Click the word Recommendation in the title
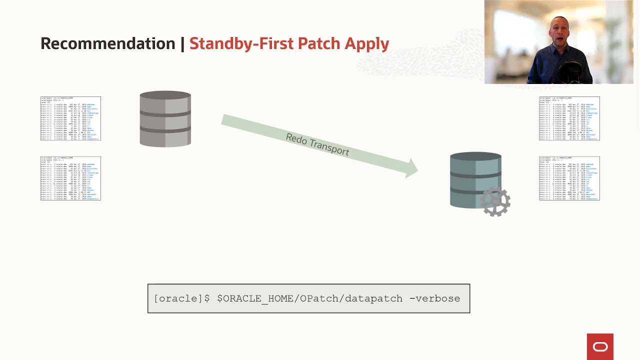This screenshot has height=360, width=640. (107, 43)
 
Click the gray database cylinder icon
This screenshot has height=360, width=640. (165, 119)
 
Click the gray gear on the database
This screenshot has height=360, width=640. (495, 202)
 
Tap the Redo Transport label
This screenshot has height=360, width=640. (317, 144)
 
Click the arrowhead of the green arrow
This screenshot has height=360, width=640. (412, 168)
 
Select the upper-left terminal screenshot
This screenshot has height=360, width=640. (70, 118)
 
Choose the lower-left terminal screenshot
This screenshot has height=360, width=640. (70, 178)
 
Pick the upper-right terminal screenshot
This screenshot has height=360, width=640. (569, 118)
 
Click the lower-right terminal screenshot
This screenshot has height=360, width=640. (569, 178)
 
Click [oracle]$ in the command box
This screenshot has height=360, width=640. (181, 298)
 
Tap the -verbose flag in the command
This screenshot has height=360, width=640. (434, 298)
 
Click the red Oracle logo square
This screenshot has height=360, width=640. (600, 346)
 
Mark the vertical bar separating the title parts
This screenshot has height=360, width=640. (182, 43)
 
